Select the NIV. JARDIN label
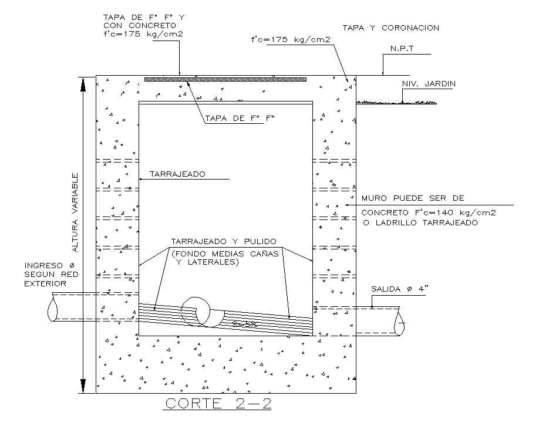(x=429, y=84)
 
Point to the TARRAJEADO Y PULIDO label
(x=223, y=241)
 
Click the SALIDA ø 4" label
(x=397, y=289)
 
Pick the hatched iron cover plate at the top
(x=225, y=79)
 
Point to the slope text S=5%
(x=242, y=324)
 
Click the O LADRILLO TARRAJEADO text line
(x=420, y=223)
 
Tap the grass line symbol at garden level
(x=397, y=102)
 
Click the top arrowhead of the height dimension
(x=83, y=83)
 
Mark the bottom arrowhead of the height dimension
(x=83, y=386)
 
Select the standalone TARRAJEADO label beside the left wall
(x=177, y=174)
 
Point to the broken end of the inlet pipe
(x=52, y=307)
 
